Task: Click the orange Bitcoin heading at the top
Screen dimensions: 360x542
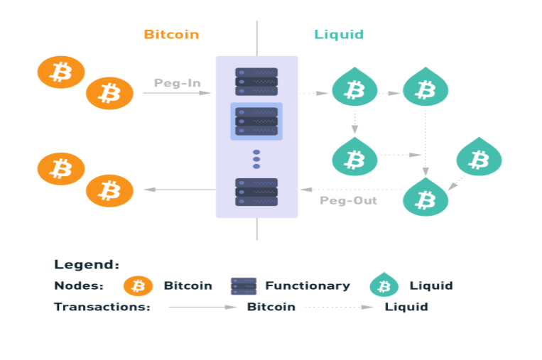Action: (171, 34)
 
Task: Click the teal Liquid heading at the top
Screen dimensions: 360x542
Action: (339, 34)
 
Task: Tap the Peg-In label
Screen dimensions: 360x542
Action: (177, 83)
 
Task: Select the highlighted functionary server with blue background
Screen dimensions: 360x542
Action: (256, 121)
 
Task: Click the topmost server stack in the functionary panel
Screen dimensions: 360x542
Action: (256, 82)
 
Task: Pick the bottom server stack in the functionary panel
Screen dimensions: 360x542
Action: (256, 192)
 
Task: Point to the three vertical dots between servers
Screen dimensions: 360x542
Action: (256, 159)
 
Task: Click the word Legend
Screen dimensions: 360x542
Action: (87, 264)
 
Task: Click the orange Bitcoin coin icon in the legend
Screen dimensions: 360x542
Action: (138, 286)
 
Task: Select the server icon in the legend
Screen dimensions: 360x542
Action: (244, 286)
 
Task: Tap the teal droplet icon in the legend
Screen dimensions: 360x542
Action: (384, 285)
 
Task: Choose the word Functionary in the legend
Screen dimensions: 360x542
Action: (308, 285)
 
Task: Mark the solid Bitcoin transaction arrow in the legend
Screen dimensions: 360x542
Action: (202, 307)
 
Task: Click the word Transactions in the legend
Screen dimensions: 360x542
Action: (102, 307)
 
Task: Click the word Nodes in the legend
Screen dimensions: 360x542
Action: (79, 285)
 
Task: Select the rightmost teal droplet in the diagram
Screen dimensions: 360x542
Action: (479, 158)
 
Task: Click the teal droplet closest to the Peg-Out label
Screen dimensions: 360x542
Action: (426, 196)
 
